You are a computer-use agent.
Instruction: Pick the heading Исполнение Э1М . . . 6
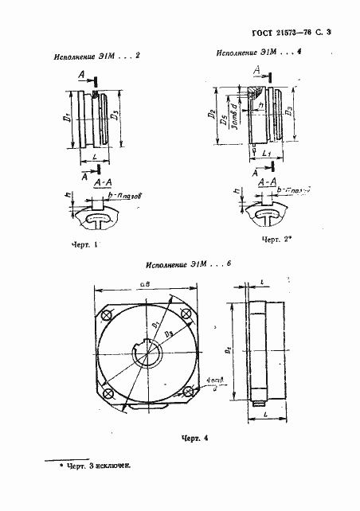188,263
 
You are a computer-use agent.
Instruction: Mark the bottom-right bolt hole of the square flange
189,392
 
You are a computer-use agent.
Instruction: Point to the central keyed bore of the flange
149,351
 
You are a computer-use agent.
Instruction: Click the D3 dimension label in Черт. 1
116,117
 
